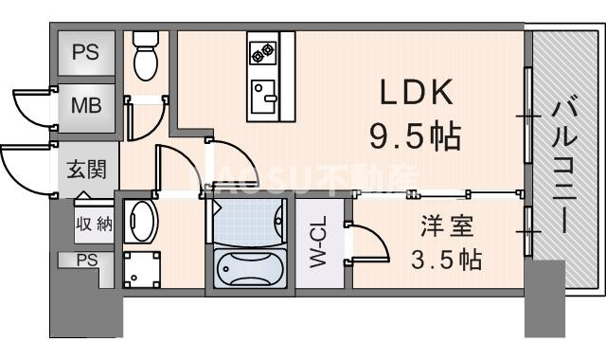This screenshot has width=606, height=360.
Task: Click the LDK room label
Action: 417,94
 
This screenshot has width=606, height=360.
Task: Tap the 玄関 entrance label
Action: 86,171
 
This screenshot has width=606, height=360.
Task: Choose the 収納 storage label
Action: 94,225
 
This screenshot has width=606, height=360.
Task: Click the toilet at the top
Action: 146,55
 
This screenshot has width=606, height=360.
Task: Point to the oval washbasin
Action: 142,221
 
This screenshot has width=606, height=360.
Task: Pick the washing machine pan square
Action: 142,268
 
